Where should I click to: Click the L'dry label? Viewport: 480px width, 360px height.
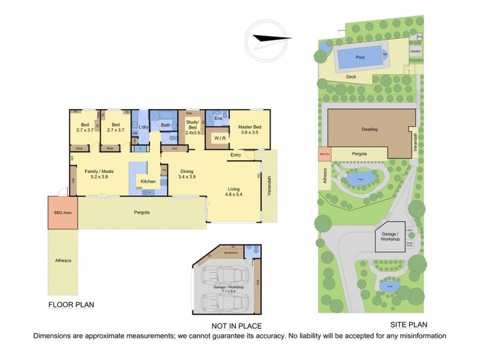click(x=143, y=127)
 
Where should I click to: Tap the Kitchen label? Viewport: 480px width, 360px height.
click(x=148, y=181)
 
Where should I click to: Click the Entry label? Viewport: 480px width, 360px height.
click(x=235, y=155)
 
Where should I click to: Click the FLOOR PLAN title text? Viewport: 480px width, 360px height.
click(x=71, y=304)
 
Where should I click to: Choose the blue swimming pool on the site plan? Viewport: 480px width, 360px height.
click(x=360, y=57)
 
